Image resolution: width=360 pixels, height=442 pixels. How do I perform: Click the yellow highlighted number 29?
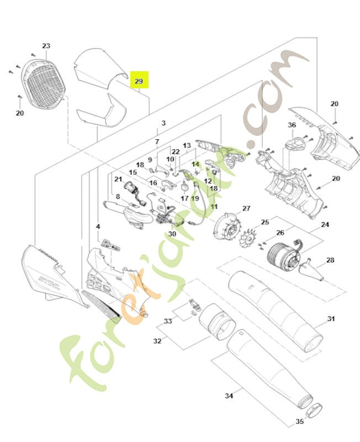[x=139, y=81]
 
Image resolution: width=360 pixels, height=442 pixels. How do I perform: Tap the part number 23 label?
[x=46, y=46]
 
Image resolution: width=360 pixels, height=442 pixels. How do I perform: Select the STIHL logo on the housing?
[x=47, y=273]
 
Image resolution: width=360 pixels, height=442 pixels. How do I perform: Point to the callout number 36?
[x=292, y=125]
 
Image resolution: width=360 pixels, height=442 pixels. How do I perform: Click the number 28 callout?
[x=330, y=260]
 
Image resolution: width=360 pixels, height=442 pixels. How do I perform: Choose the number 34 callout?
[x=229, y=396]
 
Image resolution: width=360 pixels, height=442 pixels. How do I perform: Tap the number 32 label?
[x=157, y=341]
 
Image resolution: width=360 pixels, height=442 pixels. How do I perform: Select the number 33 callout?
[x=168, y=321]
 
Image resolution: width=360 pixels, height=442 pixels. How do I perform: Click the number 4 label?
[x=98, y=227]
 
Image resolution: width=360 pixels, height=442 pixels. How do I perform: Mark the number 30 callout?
[x=172, y=234]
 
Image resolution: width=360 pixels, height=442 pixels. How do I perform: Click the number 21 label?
[x=118, y=179]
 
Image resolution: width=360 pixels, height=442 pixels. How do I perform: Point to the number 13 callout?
[x=187, y=146]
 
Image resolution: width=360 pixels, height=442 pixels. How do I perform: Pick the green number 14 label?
[x=195, y=164]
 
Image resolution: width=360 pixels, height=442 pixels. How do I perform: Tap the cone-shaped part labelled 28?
[x=310, y=269]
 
